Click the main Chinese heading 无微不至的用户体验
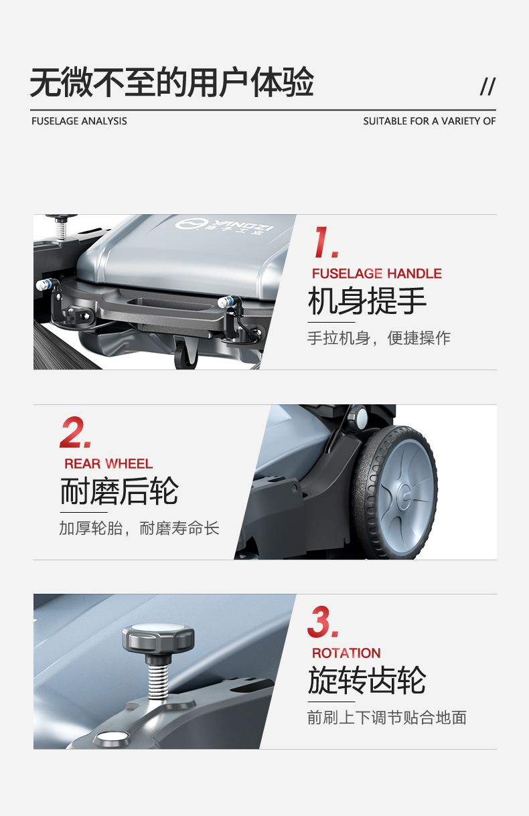[171, 84]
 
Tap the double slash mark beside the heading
[487, 86]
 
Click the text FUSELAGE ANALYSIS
[79, 121]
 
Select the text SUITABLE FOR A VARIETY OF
[429, 121]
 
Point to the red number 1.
[326, 242]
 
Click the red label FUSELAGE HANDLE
[376, 274]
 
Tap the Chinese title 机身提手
[367, 301]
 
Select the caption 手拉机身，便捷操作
[378, 338]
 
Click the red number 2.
[75, 433]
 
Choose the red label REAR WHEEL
[108, 464]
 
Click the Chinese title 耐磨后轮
[119, 491]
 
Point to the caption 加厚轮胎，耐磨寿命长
[139, 528]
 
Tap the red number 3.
[323, 622]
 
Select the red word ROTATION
[346, 653]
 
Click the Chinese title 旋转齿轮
[367, 680]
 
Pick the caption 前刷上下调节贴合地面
[386, 718]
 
